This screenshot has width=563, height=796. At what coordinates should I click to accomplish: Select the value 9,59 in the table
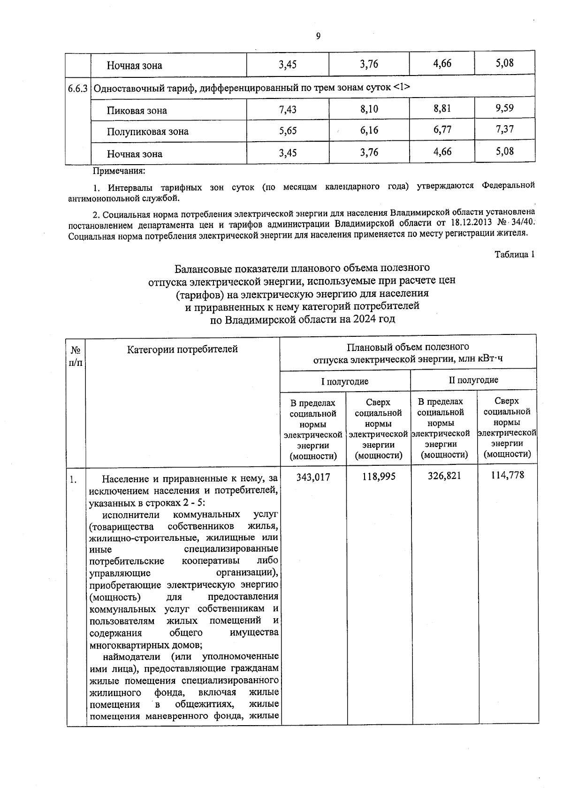(504, 108)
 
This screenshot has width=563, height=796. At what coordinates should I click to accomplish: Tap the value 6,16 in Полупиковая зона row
(369, 130)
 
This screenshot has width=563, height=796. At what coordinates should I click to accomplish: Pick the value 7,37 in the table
(504, 129)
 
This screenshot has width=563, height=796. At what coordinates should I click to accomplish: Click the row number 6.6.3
(77, 88)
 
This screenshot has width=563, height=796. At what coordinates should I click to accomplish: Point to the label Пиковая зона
(137, 111)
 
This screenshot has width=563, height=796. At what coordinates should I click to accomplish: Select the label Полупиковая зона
(147, 132)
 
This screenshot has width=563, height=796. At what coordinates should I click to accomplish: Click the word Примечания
(119, 172)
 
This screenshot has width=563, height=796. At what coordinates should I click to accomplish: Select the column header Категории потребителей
(182, 349)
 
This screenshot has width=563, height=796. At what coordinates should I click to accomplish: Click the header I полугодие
(345, 381)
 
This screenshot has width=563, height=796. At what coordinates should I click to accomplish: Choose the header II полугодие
(473, 380)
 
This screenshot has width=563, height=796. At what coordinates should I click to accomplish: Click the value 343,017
(313, 477)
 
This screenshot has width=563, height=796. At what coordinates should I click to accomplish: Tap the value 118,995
(379, 477)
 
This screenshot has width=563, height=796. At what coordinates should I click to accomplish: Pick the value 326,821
(444, 476)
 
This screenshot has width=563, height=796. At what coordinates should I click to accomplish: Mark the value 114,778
(507, 475)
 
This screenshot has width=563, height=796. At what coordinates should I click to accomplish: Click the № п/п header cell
(76, 356)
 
